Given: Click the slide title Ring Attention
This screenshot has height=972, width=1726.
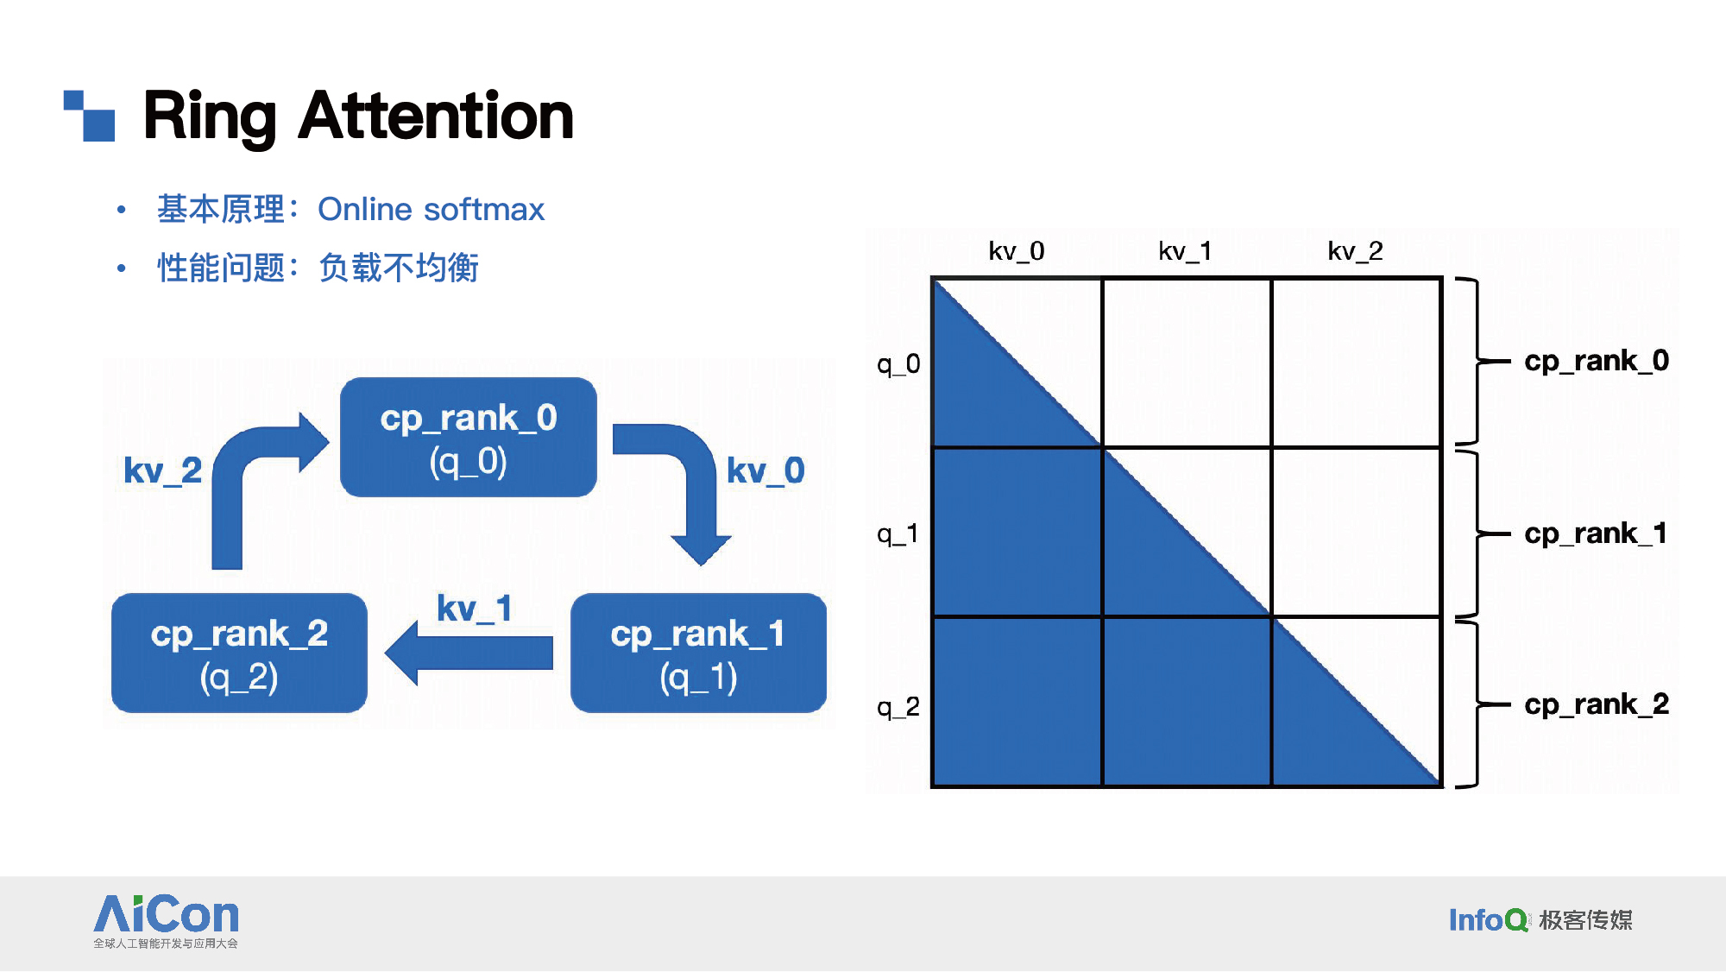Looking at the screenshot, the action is click(x=358, y=117).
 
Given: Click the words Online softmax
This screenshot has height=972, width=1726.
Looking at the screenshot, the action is click(x=431, y=210).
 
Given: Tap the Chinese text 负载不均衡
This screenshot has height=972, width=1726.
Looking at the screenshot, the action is click(x=399, y=268).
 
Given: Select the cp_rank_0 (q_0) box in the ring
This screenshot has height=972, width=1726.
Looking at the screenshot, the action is click(x=469, y=438).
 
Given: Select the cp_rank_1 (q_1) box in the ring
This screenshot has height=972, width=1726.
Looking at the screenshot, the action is click(x=698, y=653).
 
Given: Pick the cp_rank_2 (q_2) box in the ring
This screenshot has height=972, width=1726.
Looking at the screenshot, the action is click(x=239, y=653).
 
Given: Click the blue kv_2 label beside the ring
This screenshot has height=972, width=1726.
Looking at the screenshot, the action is click(x=162, y=471).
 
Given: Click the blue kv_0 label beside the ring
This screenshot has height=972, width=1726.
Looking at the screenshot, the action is click(x=765, y=471).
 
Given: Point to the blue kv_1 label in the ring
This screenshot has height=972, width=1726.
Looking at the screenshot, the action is click(x=475, y=609).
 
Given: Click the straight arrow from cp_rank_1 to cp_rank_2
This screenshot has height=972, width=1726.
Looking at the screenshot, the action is click(x=469, y=653).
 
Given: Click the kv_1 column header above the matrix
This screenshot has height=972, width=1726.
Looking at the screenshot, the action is click(x=1185, y=251).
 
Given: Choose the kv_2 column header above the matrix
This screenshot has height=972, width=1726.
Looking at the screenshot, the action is click(x=1355, y=251).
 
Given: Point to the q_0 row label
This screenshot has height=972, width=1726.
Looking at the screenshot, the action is click(x=898, y=364).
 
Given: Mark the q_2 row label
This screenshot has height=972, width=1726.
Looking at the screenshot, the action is click(x=898, y=708).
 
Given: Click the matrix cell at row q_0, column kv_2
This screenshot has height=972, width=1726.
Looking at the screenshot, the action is click(x=1356, y=363).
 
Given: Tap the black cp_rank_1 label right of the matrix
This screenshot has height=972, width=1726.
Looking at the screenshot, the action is click(x=1596, y=533).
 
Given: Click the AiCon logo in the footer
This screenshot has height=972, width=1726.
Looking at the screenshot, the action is click(x=166, y=921).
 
